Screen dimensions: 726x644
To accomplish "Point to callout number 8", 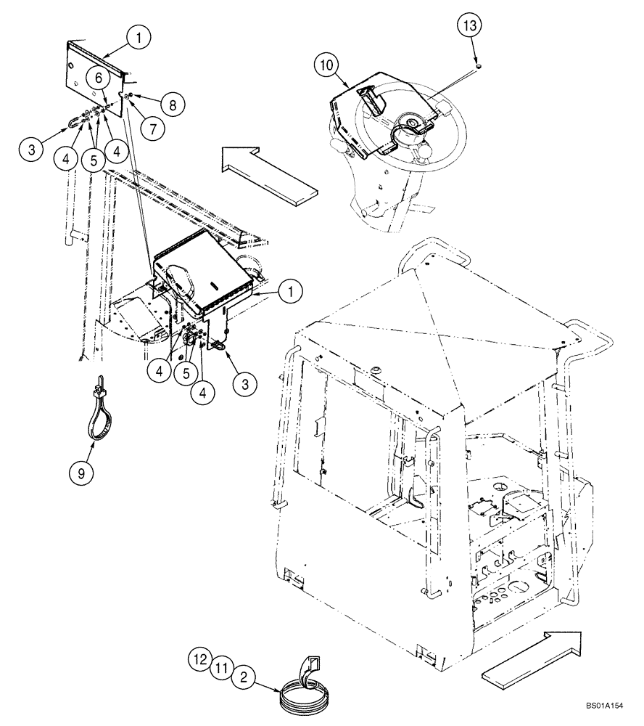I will pos(172,105).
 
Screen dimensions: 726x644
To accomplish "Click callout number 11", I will pos(222,669).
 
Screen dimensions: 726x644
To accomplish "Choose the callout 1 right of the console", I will pos(289,292).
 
